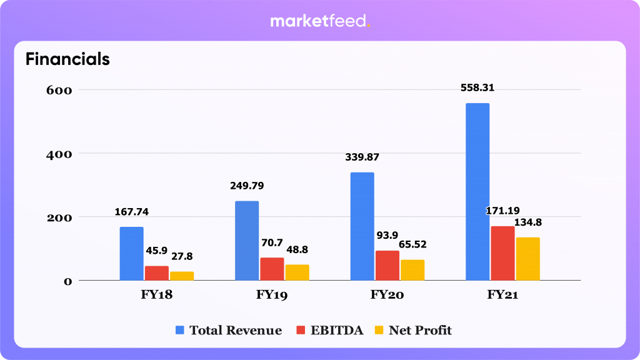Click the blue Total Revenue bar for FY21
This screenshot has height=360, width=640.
coord(477,192)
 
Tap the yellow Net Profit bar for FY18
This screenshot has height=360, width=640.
coord(182,276)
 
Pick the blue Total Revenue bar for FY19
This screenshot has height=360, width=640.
coord(247,241)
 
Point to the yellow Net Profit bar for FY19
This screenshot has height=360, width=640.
coord(297,272)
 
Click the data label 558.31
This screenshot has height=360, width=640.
coord(477,87)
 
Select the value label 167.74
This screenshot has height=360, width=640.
coord(132,212)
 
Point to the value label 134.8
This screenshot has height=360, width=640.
coord(528,222)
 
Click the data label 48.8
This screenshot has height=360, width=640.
coord(297,249)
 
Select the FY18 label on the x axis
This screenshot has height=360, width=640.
coord(157,296)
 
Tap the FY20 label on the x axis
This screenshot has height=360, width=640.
coord(387,296)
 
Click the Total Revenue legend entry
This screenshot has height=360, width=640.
coord(229,331)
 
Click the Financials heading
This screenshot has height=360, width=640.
coord(67,59)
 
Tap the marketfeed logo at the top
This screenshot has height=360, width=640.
coord(320,21)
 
